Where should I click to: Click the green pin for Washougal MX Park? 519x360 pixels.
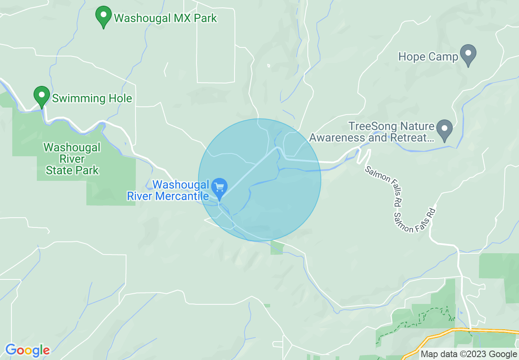[104, 16]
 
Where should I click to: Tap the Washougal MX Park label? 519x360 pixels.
[165, 18]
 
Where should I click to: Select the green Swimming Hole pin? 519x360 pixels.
[41, 97]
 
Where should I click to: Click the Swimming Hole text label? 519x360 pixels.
[92, 98]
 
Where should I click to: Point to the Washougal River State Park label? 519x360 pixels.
[72, 159]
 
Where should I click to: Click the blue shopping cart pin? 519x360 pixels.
[219, 188]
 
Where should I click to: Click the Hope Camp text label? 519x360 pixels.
[428, 56]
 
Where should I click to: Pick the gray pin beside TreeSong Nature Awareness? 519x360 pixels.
[445, 129]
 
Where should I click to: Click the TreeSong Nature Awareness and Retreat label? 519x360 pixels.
[372, 132]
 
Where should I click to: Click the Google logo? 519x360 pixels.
[27, 350]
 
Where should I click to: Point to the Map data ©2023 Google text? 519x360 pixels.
[469, 354]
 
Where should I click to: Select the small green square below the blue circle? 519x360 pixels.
[277, 248]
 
